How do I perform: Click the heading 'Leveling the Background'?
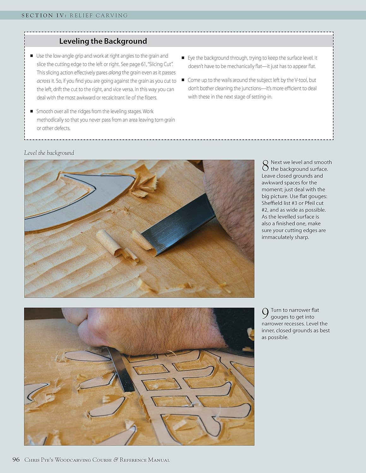(103, 41)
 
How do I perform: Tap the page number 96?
(16, 459)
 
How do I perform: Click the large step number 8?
(265, 166)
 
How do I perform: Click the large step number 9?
(265, 313)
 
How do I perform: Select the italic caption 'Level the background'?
(49, 153)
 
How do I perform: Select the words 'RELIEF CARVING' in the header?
(99, 15)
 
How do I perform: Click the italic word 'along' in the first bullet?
(115, 73)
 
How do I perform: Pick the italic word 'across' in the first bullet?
(43, 81)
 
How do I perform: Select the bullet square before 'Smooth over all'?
(32, 111)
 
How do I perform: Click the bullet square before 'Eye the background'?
(183, 58)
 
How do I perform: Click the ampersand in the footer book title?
(116, 460)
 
